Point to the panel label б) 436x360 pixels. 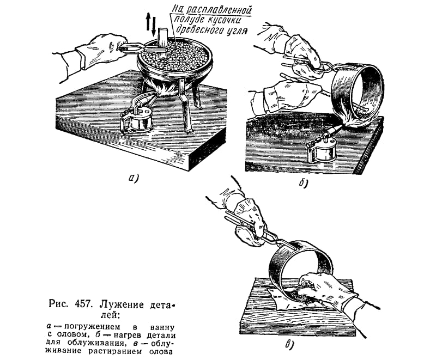pyautogui.click(x=303, y=184)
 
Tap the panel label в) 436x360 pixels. pyautogui.click(x=290, y=344)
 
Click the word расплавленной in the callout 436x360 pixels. pyautogui.click(x=219, y=10)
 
